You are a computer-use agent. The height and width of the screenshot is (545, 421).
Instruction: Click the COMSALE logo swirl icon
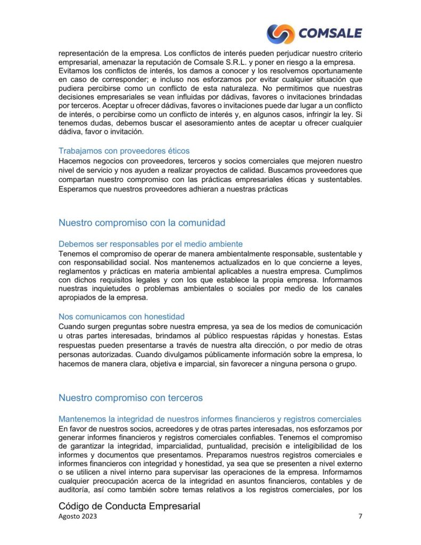pos(280,34)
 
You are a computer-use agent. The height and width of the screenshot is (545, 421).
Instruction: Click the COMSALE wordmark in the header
pos(330,34)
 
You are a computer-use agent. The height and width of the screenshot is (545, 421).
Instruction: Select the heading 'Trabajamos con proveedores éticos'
pos(123,151)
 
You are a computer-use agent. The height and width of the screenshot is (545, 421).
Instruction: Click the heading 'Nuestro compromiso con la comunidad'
pos(142,222)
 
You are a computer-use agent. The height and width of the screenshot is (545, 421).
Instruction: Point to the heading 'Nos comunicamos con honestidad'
pos(121,316)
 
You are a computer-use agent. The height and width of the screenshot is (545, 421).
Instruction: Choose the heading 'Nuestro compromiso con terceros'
pos(130,398)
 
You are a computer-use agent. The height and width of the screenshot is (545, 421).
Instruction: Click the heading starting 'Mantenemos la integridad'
pos(210,419)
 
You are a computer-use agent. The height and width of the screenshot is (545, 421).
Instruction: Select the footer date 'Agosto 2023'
pos(78,516)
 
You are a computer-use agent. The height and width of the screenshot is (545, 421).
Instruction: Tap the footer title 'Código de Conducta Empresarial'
pos(129,506)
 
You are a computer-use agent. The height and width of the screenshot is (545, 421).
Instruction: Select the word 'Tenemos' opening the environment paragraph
pos(74,254)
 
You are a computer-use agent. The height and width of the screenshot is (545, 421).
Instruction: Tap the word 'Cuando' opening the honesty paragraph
pos(72,326)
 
